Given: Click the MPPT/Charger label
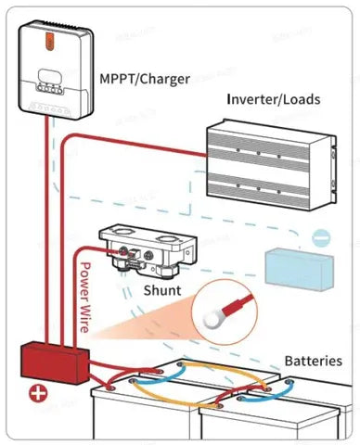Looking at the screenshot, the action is point(145,79).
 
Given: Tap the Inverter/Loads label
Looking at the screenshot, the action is point(274,99).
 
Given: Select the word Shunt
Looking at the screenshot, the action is point(162,290).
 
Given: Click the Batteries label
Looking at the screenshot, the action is point(314,361).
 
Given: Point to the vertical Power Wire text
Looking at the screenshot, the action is point(84,298).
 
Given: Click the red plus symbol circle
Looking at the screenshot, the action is point(39,394).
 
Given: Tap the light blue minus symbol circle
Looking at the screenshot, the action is point(321,238).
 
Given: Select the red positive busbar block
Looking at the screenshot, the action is point(55,362).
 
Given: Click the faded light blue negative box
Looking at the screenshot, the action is point(300,270).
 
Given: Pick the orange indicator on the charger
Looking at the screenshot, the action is point(51,41).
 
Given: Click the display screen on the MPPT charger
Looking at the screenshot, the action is point(50,76).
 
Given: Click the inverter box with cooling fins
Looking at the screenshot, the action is point(271,165).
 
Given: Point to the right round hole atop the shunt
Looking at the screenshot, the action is point(166,239).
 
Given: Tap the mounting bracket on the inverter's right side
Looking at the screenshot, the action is point(333,170).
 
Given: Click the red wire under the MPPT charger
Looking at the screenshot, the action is point(46,230).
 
